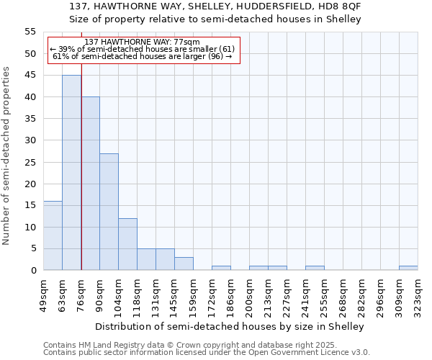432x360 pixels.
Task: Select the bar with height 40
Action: point(91,184)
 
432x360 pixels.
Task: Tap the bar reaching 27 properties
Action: point(109,212)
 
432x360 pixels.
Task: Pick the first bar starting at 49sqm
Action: point(53,235)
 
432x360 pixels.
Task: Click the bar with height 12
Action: point(127,244)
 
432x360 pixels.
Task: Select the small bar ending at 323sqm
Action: point(408,268)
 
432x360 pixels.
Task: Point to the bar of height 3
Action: point(184,264)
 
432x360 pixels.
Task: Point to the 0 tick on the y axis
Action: point(33,271)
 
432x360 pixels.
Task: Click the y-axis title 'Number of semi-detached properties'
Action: point(6,156)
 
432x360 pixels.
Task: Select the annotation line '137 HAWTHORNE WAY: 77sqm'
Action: point(142,42)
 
